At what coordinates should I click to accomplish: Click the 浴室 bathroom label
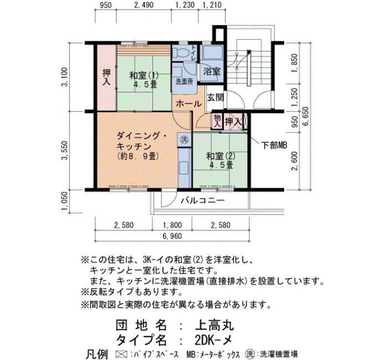212,71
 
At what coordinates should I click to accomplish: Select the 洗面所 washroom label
184,81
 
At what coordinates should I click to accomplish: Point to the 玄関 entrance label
215,97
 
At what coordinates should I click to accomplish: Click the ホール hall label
189,104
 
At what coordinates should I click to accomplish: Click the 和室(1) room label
144,75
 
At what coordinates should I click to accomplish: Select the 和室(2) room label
221,156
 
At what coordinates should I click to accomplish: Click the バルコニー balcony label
202,200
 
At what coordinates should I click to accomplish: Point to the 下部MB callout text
274,145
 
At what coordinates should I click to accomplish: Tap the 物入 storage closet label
217,121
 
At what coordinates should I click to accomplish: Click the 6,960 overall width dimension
172,236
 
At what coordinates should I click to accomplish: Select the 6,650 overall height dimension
306,116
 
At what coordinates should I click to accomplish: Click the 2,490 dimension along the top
144,4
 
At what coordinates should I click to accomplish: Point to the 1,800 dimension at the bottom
172,225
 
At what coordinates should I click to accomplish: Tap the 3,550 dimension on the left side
65,150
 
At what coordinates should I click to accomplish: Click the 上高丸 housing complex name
215,326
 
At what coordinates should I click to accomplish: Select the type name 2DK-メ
213,341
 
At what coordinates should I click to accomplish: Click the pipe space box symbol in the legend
121,354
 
